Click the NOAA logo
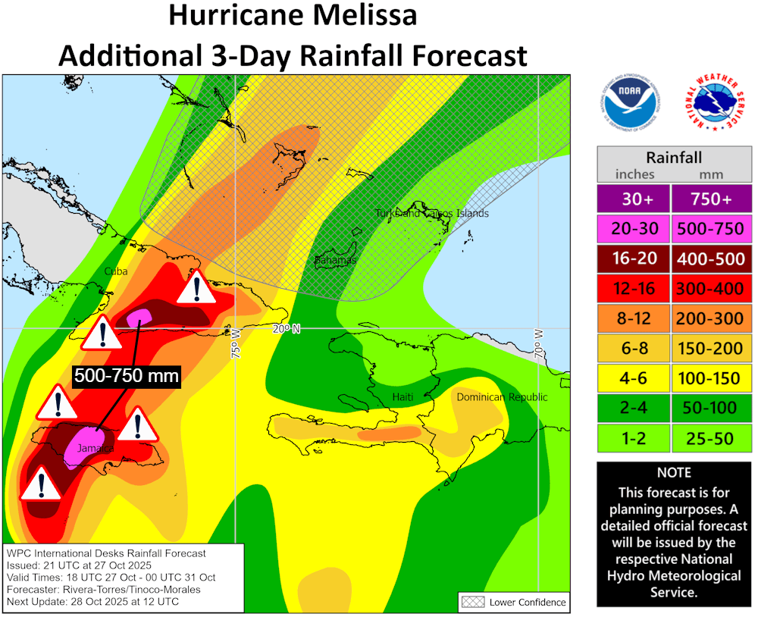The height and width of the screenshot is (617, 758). pos(629,104)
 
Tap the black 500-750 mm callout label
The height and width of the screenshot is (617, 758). pos(127,376)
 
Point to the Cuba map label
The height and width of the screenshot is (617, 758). pos(116,271)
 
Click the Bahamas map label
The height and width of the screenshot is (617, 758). pos(335,261)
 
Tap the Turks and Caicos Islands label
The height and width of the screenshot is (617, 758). pos(432,213)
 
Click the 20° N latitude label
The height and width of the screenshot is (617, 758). pos(287,329)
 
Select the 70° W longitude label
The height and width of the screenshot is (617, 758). pos(539,343)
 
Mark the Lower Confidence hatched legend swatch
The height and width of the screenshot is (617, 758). pos(472,603)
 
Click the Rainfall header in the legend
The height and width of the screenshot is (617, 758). pos(674,158)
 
